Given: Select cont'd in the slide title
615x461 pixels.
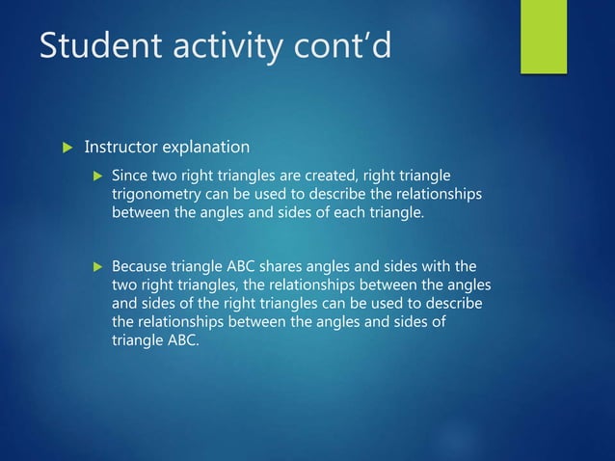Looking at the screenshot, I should click(x=344, y=46).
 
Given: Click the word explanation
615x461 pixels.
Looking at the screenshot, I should click(x=205, y=148).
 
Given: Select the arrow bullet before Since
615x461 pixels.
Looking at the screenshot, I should click(x=94, y=177).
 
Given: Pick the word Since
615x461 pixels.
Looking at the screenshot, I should click(x=130, y=177).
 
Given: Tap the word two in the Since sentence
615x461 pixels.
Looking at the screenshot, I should click(x=166, y=177).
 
